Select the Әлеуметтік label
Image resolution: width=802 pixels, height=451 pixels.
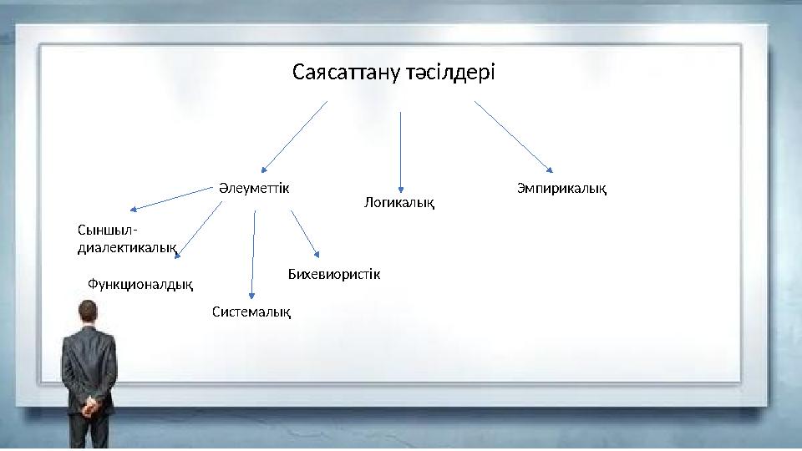coord(254,188)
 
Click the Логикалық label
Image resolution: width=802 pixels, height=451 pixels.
coord(400,202)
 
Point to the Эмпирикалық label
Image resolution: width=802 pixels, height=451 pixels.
coord(561,189)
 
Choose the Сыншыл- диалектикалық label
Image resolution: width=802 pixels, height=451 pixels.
coord(125,238)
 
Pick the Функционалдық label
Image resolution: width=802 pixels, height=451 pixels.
coord(140,285)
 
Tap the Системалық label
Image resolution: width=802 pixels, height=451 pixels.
coord(251,312)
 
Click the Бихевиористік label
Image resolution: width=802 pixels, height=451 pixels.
coord(333,273)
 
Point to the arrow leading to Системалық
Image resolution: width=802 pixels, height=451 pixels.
coord(254,254)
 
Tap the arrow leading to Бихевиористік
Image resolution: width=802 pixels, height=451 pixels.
coord(305,233)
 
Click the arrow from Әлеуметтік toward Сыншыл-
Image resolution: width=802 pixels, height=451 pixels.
coord(171,199)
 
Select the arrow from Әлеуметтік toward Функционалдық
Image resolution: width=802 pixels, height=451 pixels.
coord(200,226)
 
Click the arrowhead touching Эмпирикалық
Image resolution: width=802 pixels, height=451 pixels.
coord(548,170)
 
